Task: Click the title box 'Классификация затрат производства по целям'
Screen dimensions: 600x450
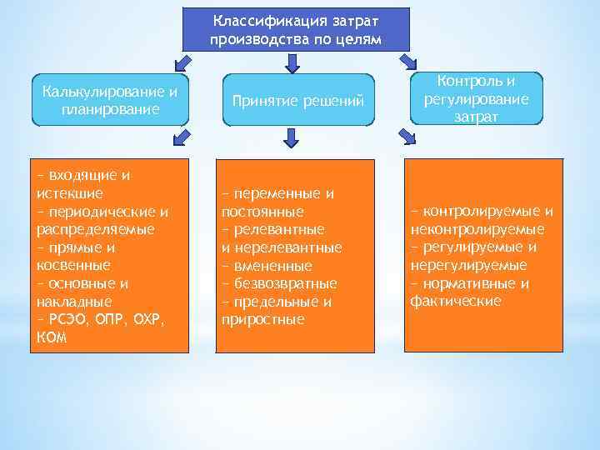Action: tap(296, 30)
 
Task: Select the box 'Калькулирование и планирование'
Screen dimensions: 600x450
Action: tap(110, 100)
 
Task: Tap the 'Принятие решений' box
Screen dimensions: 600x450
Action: tap(297, 101)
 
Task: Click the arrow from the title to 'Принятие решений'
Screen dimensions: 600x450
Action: tap(292, 62)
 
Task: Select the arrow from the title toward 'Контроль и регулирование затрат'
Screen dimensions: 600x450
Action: tap(407, 61)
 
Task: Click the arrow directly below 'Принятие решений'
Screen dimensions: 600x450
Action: tap(291, 137)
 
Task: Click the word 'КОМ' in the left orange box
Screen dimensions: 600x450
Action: tap(52, 337)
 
